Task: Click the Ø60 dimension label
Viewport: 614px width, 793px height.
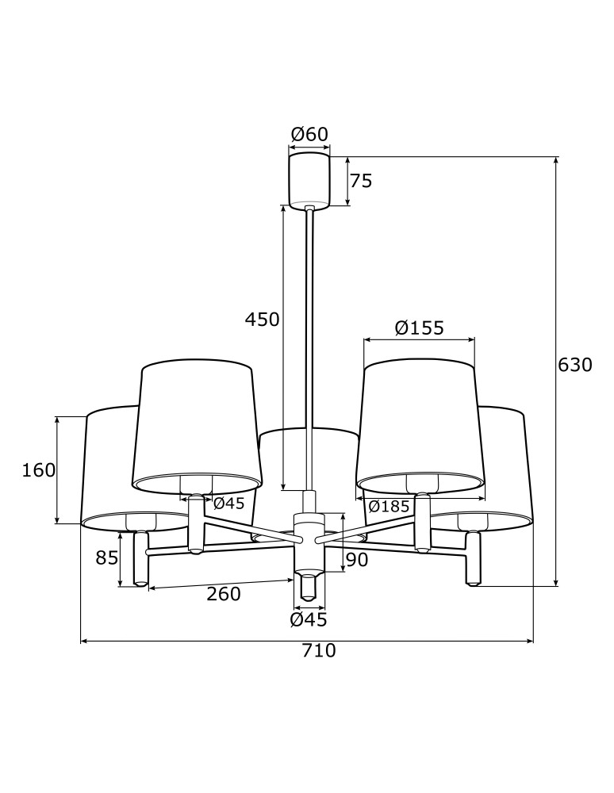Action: pyautogui.click(x=309, y=134)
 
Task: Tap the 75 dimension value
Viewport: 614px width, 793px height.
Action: pyautogui.click(x=361, y=182)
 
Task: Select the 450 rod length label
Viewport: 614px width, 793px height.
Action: pyautogui.click(x=262, y=320)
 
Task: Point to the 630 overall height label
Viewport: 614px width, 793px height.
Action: pyautogui.click(x=575, y=366)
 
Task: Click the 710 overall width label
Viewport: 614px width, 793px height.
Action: pyautogui.click(x=319, y=651)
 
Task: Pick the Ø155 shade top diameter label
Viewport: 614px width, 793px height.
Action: pyautogui.click(x=419, y=328)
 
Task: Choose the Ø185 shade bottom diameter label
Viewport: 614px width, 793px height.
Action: pyautogui.click(x=389, y=505)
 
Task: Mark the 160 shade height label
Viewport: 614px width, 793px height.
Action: pyautogui.click(x=38, y=470)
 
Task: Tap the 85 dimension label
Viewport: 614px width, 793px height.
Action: pyautogui.click(x=106, y=558)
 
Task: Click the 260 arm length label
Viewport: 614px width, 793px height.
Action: pyautogui.click(x=223, y=593)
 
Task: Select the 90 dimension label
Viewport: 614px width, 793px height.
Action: pyautogui.click(x=357, y=561)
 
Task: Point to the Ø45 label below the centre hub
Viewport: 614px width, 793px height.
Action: pyautogui.click(x=309, y=619)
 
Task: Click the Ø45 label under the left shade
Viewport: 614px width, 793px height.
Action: pyautogui.click(x=228, y=504)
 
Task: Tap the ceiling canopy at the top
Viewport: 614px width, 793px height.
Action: pyautogui.click(x=309, y=180)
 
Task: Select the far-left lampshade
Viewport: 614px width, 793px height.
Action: pyautogui.click(x=107, y=468)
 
